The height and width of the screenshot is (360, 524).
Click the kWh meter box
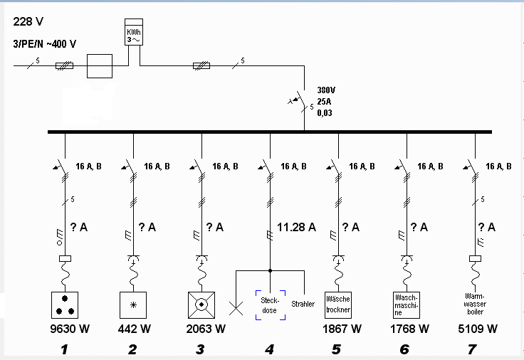click(x=134, y=32)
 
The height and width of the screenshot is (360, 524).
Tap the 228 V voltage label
click(x=28, y=22)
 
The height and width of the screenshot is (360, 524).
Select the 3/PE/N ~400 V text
click(x=44, y=43)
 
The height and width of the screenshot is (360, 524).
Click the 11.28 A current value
click(x=296, y=227)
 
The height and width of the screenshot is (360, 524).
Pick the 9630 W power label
click(x=70, y=329)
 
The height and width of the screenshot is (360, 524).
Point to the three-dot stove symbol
click(x=65, y=305)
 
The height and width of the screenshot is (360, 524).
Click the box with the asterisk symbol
click(x=133, y=305)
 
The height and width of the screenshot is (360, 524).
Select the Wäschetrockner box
click(x=338, y=305)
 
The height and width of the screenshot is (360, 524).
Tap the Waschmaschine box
click(x=407, y=305)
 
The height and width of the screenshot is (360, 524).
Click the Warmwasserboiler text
click(x=475, y=304)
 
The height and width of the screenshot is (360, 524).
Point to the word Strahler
click(x=303, y=304)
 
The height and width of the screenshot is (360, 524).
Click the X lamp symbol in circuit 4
click(x=236, y=308)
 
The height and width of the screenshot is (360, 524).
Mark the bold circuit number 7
click(x=472, y=349)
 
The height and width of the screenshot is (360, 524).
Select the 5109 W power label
click(x=478, y=329)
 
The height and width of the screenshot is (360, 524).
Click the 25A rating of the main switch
click(x=324, y=102)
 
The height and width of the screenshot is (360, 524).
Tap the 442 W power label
click(x=135, y=329)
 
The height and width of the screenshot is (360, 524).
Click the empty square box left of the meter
click(x=100, y=66)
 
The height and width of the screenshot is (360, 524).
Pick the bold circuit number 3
click(x=200, y=349)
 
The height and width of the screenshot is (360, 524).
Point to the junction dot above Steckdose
click(x=270, y=270)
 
